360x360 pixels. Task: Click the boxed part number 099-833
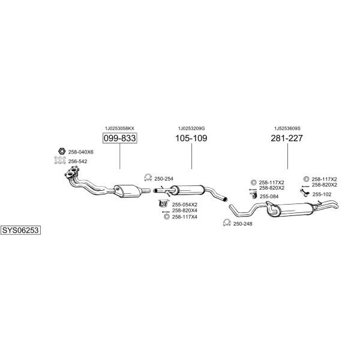point(119,138)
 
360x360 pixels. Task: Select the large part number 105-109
point(191,138)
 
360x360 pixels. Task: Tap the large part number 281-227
point(287,138)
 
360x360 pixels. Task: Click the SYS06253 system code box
point(20,230)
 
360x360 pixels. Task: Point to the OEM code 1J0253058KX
point(119,128)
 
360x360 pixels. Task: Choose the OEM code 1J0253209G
point(191,128)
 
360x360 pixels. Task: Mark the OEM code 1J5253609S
point(287,128)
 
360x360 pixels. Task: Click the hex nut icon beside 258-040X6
point(61,151)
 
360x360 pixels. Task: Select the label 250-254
point(164,179)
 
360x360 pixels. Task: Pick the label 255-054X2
point(185,205)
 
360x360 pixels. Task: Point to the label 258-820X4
point(185,211)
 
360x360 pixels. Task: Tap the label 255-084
point(269,196)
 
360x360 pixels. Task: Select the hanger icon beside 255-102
point(305,193)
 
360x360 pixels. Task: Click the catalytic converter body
point(128,191)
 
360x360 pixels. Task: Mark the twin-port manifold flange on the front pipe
point(72,172)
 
